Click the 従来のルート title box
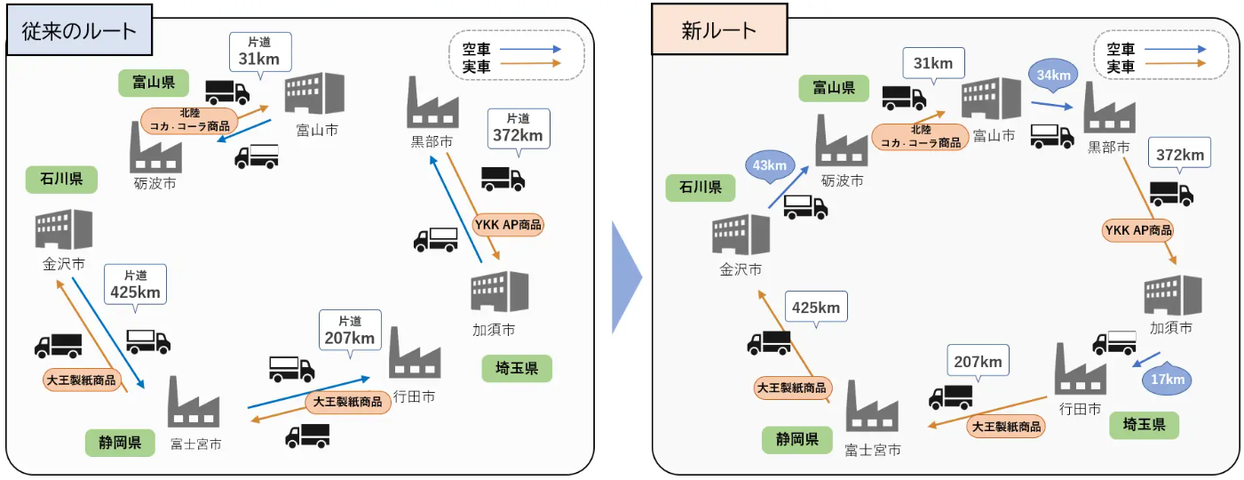[79, 30]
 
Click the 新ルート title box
[719, 29]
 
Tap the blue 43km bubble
[770, 165]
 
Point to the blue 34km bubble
[1053, 75]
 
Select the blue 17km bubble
[1167, 380]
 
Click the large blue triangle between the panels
[626, 277]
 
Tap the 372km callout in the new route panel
[1179, 154]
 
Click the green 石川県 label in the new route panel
[701, 188]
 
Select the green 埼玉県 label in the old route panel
[517, 368]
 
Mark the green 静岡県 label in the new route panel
[797, 439]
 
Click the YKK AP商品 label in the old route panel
[508, 225]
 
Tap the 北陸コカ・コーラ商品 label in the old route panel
[189, 121]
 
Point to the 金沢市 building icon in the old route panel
[64, 229]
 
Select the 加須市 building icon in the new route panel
[1173, 295]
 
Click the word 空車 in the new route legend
[1121, 49]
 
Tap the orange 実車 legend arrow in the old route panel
[530, 64]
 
